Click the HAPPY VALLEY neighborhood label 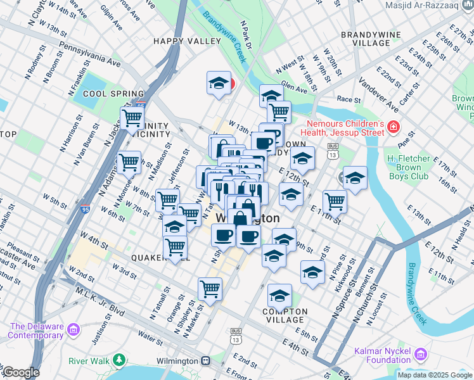tap(177, 41)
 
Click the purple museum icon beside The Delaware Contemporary tap(74, 330)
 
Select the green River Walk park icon tap(119, 360)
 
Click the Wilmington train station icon tap(206, 360)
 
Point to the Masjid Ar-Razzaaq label tap(430, 5)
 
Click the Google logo tap(20, 372)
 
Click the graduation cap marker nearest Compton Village tap(279, 295)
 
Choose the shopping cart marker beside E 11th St tap(335, 202)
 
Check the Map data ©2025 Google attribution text tap(434, 375)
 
